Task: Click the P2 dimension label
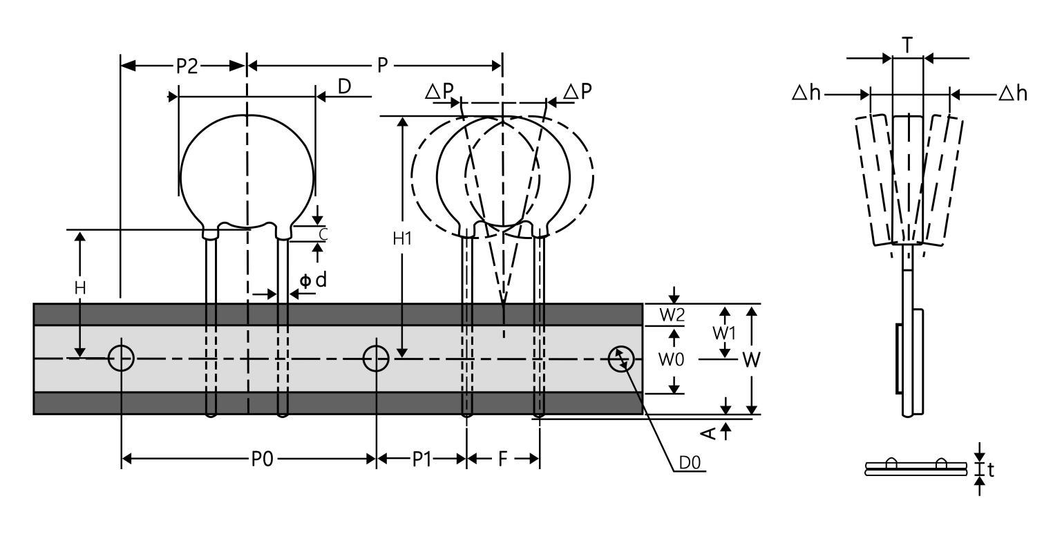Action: (x=187, y=66)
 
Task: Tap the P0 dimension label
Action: (x=261, y=459)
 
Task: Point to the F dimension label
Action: (x=502, y=459)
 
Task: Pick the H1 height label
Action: (x=402, y=239)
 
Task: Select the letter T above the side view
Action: (x=907, y=46)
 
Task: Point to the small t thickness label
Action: (x=991, y=471)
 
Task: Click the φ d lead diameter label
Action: (x=312, y=281)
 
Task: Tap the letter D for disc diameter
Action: (x=344, y=86)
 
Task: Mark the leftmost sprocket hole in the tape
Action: (x=121, y=359)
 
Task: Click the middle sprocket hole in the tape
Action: (x=376, y=359)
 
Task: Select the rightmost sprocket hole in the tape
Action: (x=621, y=359)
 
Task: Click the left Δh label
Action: (x=806, y=93)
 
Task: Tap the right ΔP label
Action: (x=577, y=92)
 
